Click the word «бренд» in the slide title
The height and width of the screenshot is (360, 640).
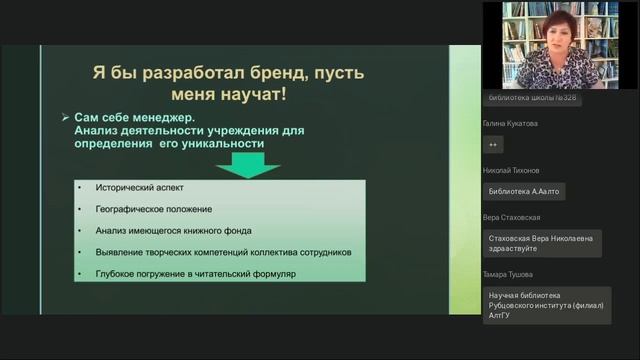270,75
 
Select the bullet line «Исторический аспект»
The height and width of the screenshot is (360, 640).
140,187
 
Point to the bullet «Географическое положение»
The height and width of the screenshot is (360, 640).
154,209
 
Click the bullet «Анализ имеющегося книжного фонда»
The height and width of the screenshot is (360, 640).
180,231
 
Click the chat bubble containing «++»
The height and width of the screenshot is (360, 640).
493,145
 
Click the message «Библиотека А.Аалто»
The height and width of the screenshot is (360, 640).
523,191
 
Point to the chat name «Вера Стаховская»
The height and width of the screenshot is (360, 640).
512,217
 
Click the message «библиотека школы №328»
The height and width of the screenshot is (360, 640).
532,97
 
